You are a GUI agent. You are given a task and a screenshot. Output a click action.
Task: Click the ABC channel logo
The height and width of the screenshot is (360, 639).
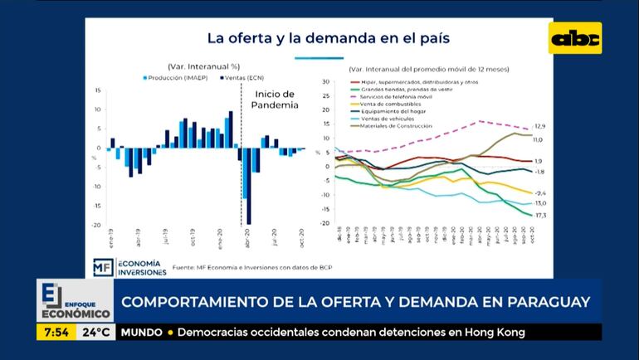point(575,38)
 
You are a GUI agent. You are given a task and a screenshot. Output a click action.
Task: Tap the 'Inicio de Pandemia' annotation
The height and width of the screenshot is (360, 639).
point(275,100)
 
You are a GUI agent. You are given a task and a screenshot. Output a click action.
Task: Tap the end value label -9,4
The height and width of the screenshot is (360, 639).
point(539,192)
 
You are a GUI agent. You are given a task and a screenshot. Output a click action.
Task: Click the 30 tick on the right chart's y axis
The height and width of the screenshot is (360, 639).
point(327,81)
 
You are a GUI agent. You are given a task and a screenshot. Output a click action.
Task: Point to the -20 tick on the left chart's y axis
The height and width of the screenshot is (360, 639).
point(97,225)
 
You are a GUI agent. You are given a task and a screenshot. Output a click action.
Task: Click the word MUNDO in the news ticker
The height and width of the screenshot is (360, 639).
point(142,333)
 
